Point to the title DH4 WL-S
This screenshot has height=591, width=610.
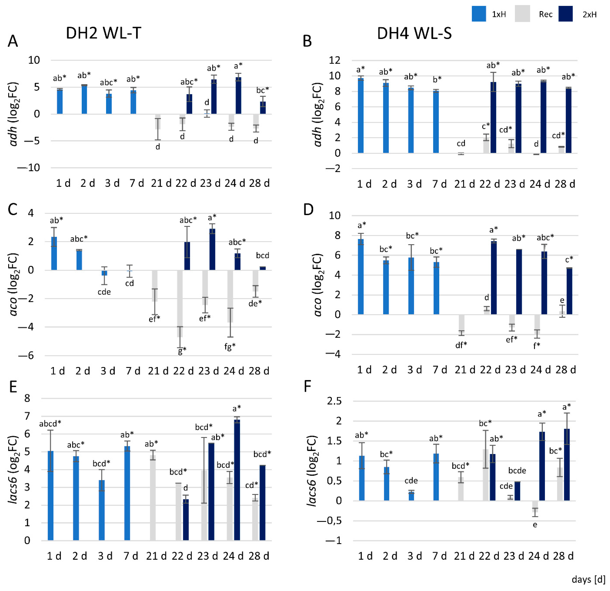414,33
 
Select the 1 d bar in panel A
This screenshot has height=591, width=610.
60,101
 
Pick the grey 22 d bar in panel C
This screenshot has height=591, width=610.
180,303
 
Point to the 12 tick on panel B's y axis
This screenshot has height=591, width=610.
335,60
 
